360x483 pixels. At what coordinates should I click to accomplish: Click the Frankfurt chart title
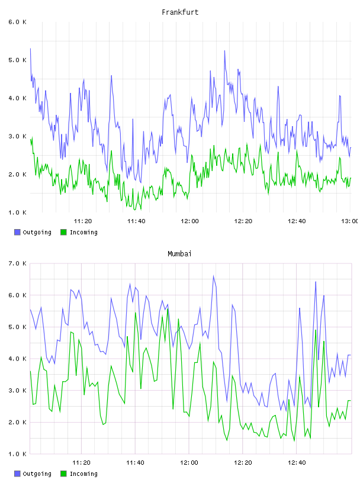coord(180,12)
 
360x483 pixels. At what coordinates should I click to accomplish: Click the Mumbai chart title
coord(179,254)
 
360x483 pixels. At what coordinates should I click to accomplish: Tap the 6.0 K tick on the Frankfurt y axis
coord(18,22)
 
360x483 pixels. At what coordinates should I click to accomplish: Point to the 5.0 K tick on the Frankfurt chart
coord(18,60)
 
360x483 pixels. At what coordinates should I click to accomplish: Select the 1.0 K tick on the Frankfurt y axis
coord(18,212)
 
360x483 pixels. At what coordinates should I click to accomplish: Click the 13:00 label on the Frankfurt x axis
coord(350,221)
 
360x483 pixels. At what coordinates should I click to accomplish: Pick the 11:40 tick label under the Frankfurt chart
coord(136,221)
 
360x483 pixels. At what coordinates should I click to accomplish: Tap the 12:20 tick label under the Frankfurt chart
coord(243,221)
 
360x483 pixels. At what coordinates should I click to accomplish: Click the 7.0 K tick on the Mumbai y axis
coord(18,263)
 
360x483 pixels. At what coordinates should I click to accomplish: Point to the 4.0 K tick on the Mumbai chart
coord(18,359)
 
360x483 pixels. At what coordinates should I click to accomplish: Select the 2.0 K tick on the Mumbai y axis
coord(18,422)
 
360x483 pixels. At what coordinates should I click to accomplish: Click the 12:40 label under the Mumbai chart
coord(297,463)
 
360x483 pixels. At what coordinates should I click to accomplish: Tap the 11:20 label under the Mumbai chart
coord(81,463)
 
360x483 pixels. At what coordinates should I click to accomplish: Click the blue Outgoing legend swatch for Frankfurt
coord(17,232)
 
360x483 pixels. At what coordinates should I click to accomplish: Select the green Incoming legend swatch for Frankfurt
coord(63,232)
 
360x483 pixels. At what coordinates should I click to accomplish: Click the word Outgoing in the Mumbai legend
coord(37,474)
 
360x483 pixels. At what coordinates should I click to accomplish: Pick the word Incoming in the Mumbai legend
coord(83,474)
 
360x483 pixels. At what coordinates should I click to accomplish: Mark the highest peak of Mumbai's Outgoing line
coord(213,276)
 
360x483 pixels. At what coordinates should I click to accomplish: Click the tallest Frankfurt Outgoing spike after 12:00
coord(224,51)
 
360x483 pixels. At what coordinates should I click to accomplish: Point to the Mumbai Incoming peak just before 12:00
coord(178,319)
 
